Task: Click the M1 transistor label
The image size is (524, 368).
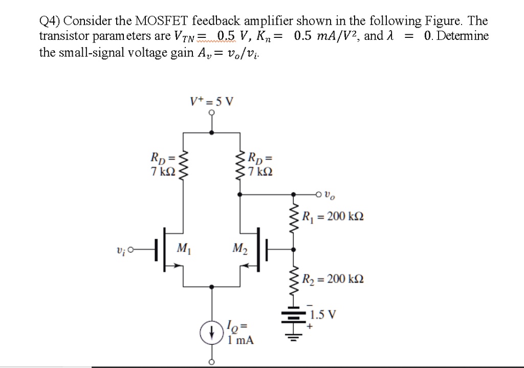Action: click(182, 249)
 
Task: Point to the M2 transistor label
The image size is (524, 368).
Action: click(238, 249)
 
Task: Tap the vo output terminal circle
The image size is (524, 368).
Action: click(319, 194)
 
